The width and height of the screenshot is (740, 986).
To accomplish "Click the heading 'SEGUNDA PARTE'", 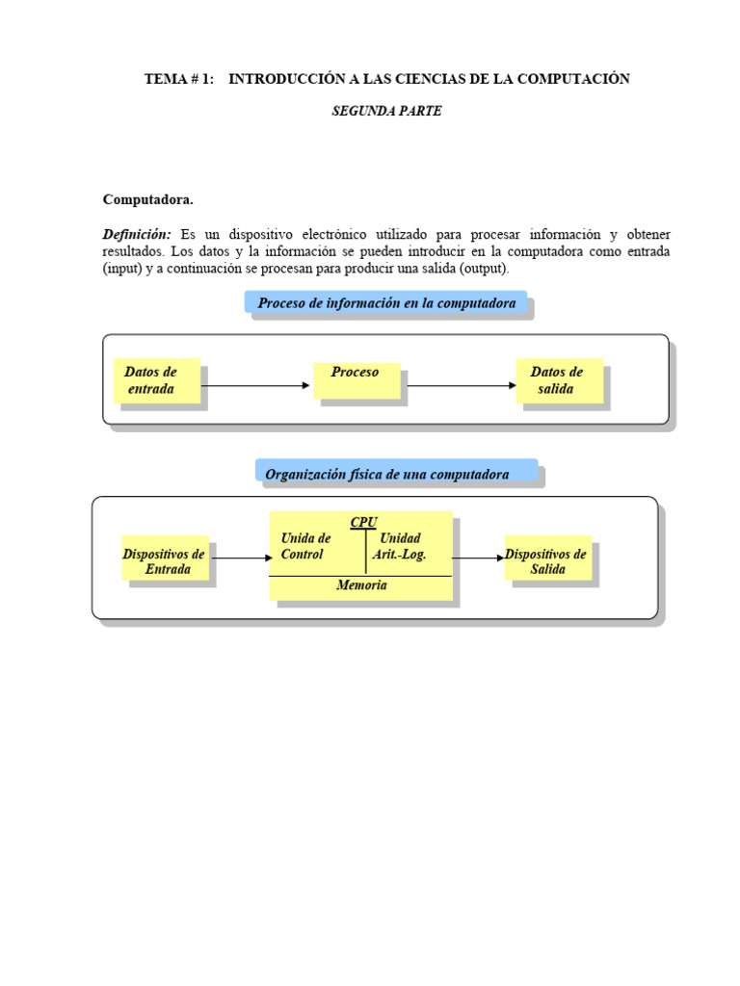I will [x=386, y=111].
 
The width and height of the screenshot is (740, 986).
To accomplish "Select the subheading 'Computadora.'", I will [x=148, y=199].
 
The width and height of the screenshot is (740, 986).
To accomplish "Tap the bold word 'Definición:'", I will [x=137, y=234].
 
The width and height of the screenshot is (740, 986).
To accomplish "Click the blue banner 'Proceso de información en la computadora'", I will [x=386, y=303].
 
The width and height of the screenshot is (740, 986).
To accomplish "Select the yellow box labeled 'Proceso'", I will [x=356, y=378].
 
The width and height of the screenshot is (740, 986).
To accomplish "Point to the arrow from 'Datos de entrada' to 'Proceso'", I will [x=255, y=385].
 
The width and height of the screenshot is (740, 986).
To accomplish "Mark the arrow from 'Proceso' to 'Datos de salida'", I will [x=462, y=385].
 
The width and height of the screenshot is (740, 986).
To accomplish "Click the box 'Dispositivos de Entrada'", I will [x=165, y=560].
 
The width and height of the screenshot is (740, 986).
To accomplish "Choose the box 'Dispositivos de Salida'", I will [x=547, y=560].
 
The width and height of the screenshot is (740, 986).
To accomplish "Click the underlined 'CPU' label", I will [x=363, y=522].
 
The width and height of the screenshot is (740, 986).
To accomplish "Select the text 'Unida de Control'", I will [x=305, y=546].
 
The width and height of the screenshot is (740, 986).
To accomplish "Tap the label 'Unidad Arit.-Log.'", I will [x=400, y=546].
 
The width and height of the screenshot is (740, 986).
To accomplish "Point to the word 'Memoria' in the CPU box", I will [x=361, y=585].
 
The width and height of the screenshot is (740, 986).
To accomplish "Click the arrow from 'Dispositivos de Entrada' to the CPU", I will [x=241, y=557].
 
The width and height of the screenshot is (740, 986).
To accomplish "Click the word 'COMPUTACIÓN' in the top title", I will [x=573, y=79].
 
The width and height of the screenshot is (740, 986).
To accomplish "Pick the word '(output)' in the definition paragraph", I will [x=485, y=268].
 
